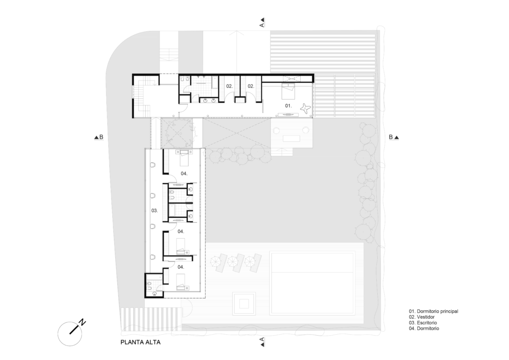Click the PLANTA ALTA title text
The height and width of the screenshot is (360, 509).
(140, 342)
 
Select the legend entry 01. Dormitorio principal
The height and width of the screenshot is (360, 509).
(433, 311)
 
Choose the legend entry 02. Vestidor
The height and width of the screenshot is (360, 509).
(422, 317)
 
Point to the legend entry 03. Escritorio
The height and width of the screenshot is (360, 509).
(423, 323)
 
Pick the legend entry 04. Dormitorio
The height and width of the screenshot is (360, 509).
(424, 329)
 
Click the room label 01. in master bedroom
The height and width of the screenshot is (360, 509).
(288, 106)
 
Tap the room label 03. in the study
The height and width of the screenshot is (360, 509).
(155, 211)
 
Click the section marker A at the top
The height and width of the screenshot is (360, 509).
(262, 22)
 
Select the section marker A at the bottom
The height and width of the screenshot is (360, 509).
(262, 342)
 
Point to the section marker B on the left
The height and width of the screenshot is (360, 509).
(99, 137)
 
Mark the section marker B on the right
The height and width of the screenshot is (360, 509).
(394, 137)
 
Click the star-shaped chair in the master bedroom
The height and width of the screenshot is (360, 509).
(306, 108)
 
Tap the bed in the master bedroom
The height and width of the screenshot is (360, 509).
(288, 91)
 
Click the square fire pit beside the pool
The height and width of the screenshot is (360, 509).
(244, 304)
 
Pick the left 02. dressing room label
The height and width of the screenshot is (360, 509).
(230, 87)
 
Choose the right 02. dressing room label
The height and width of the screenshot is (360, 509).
(251, 87)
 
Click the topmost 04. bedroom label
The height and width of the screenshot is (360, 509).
(184, 174)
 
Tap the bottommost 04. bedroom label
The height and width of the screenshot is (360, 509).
(181, 267)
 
